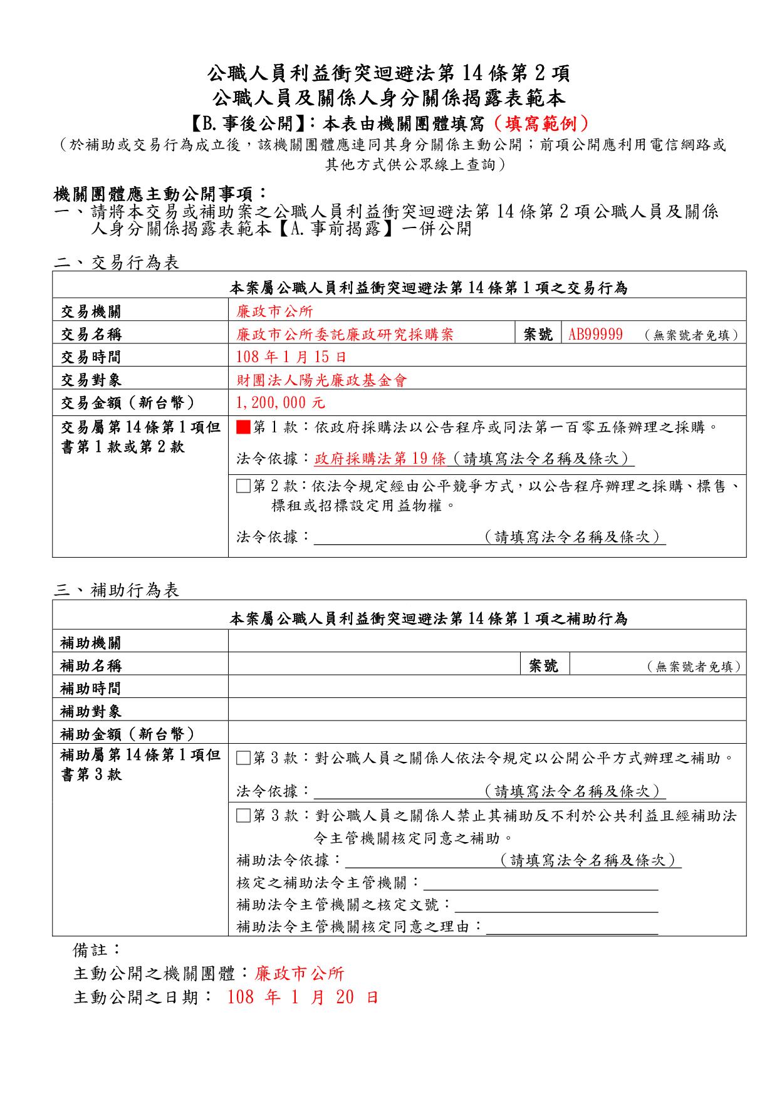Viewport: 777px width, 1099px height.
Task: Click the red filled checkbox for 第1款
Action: tap(243, 427)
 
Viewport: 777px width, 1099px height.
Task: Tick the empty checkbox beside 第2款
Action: tap(243, 486)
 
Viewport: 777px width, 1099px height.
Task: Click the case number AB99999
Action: tap(595, 334)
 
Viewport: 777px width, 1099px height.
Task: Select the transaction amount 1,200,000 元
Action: tap(281, 402)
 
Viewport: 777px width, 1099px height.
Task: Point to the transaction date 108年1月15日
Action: tap(291, 357)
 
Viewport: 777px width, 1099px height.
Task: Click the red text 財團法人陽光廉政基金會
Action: tap(321, 380)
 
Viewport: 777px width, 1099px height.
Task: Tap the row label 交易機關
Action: tap(91, 311)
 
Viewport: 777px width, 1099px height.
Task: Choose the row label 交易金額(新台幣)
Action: tap(128, 402)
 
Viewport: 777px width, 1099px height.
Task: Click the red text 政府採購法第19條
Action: tap(380, 459)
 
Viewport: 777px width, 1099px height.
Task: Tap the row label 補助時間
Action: tap(91, 689)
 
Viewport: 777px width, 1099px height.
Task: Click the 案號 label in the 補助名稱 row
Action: tap(543, 665)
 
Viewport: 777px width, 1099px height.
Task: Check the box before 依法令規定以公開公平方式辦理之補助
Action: tap(243, 758)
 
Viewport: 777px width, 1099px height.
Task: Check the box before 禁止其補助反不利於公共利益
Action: tap(243, 816)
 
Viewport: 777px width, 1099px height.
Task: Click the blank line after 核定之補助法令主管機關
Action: tap(540, 883)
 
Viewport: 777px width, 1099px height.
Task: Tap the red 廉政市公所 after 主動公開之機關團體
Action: tap(300, 974)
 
